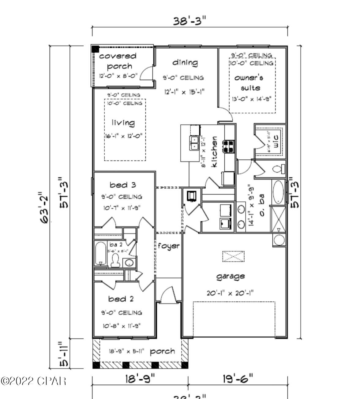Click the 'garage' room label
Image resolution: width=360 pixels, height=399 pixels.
coord(231,276)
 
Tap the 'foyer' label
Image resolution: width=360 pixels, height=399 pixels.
coord(169,246)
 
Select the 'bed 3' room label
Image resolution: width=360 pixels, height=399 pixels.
coord(122,185)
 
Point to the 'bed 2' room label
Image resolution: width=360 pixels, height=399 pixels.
coord(121,298)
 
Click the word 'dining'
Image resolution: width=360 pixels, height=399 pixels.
coord(185,62)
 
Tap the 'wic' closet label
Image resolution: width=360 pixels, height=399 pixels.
coord(276,141)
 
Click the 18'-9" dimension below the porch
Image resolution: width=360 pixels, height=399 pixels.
coord(140,379)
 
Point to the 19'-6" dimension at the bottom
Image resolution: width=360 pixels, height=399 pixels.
coord(238,379)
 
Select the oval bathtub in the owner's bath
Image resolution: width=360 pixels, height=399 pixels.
coord(278,192)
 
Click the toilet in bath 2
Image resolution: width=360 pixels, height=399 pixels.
coord(115,260)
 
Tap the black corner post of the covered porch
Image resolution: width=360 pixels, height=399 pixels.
coord(96,49)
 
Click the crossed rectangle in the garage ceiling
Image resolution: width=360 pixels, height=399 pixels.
coord(233,256)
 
